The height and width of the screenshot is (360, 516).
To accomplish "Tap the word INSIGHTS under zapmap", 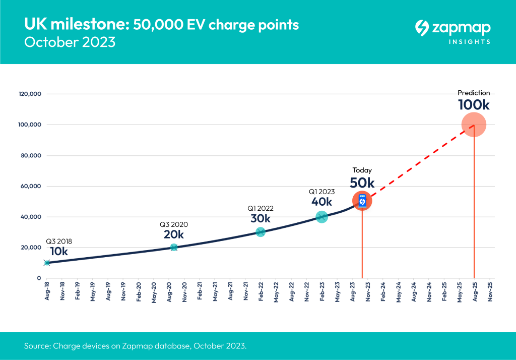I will pos(469,42).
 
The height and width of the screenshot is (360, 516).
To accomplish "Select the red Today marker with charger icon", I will pos(362,201).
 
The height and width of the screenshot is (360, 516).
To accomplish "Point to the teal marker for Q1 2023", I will pos(321,217).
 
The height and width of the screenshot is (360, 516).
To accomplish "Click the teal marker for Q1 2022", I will pos(260,232).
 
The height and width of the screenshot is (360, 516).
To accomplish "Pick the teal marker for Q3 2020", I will pos(174,247).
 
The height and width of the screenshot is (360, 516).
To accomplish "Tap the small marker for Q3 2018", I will pos(47,263).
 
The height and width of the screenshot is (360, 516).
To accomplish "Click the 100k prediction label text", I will pos(474,105).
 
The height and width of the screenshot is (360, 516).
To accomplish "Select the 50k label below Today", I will pos(362,183).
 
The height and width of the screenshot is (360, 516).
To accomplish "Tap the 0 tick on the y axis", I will pos(39,278).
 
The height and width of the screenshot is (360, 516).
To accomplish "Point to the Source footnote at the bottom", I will pos(135,346).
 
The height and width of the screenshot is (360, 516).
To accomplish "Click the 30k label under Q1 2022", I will pos(261,218).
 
